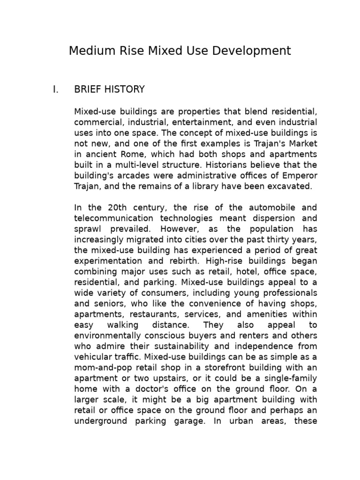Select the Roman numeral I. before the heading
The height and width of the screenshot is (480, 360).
(56, 90)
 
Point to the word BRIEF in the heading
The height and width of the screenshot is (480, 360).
(87, 90)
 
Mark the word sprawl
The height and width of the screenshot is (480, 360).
(88, 229)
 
